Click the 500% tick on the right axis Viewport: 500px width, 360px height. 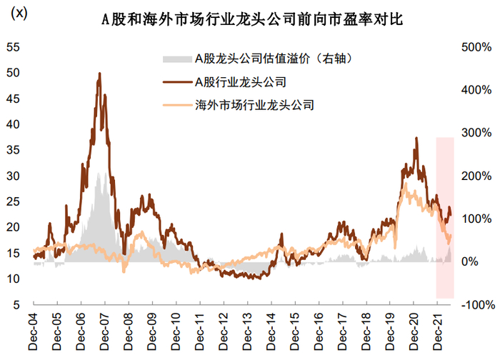(474, 48)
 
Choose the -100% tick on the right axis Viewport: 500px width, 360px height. (474, 305)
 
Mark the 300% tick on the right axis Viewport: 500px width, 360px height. (474, 134)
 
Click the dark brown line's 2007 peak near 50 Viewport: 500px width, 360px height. (99, 74)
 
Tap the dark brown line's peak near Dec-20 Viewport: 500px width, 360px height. (416, 138)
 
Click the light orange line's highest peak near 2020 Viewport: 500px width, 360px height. (405, 184)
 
